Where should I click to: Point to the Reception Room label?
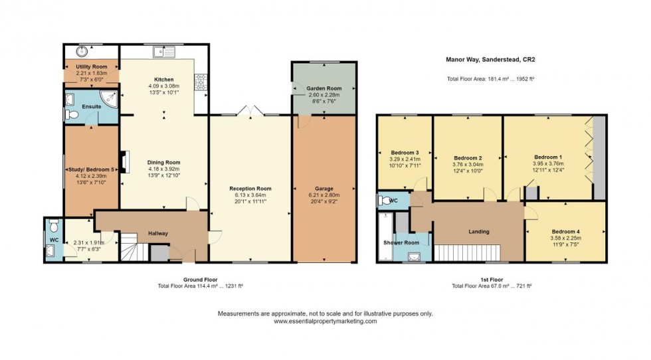[250, 189]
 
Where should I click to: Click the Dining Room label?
[164, 162]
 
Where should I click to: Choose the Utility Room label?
[91, 67]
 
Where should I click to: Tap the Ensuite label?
[91, 106]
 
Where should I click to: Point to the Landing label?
[479, 232]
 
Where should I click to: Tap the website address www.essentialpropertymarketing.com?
[325, 321]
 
